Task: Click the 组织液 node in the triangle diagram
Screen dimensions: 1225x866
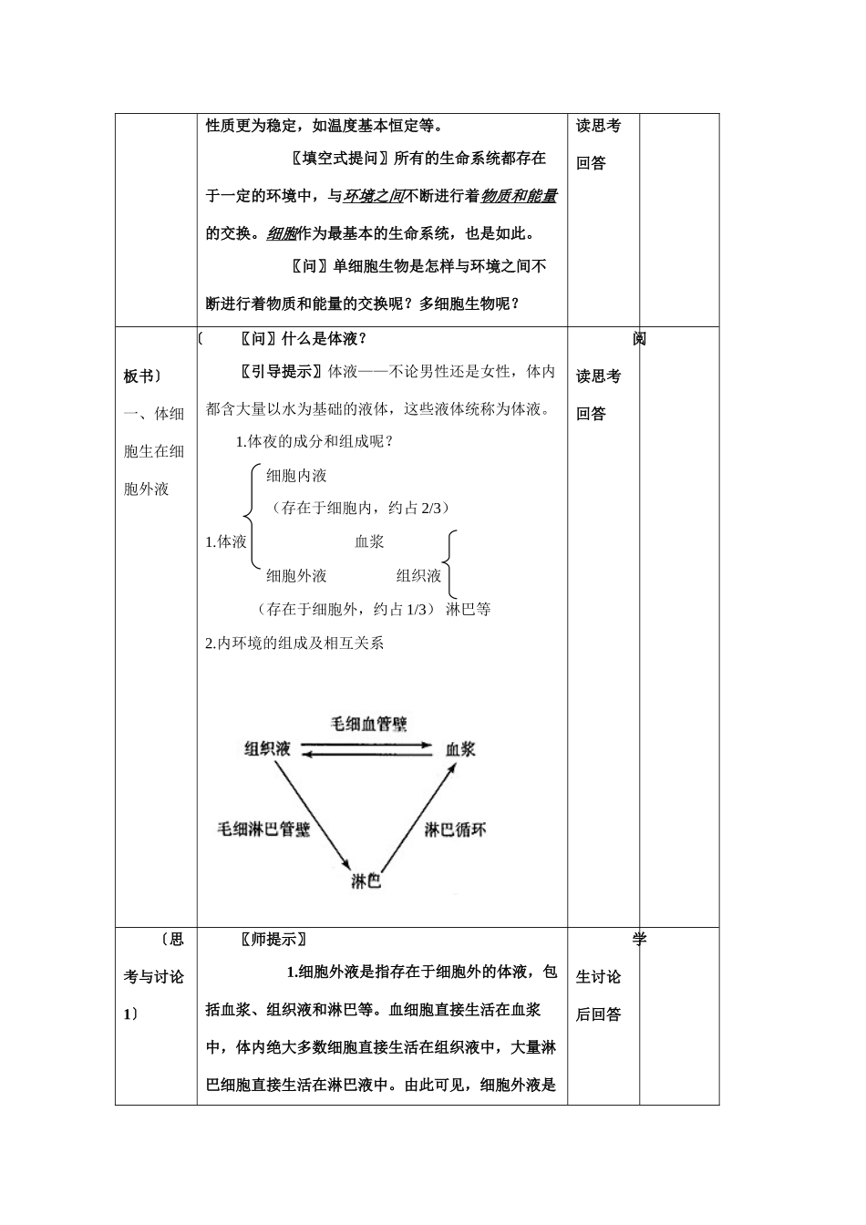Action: (x=267, y=749)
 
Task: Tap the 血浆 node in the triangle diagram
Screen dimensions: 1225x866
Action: (x=460, y=749)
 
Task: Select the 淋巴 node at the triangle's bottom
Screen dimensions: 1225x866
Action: (x=366, y=881)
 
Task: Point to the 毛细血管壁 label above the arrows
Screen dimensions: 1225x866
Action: (x=368, y=724)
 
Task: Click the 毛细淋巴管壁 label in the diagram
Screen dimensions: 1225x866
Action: (x=263, y=829)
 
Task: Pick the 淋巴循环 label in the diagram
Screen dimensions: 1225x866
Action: (x=455, y=829)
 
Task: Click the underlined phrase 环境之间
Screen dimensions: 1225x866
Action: (x=374, y=196)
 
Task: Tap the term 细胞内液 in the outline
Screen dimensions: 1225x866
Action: (x=296, y=475)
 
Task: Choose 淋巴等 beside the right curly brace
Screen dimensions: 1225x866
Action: (x=469, y=609)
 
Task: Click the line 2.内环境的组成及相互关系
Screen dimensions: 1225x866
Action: (x=295, y=643)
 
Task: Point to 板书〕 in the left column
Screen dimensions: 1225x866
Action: (x=143, y=376)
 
